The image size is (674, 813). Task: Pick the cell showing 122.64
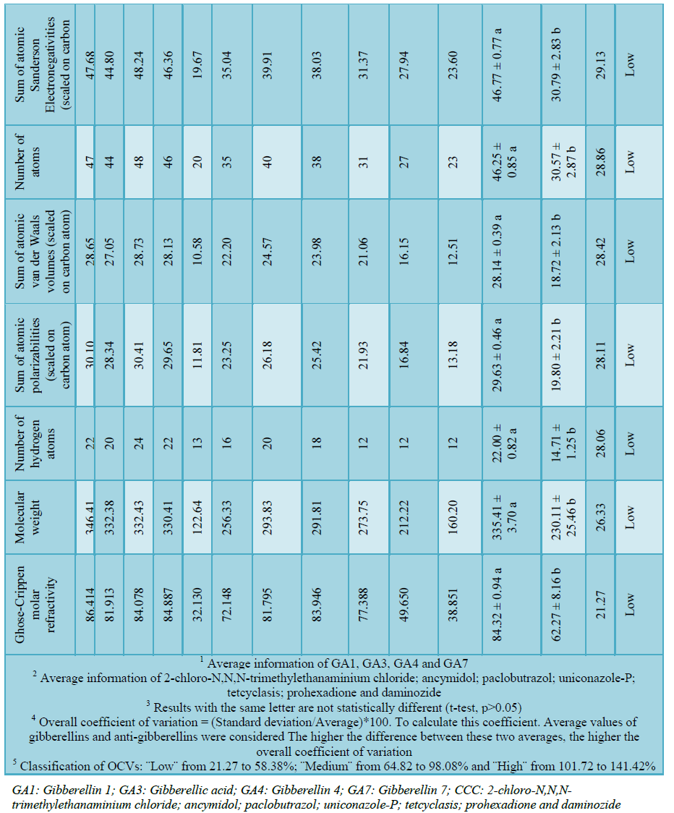tap(198, 515)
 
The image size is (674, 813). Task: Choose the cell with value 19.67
tap(198, 64)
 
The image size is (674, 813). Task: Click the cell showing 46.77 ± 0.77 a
tap(509, 64)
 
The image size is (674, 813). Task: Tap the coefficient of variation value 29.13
tap(603, 64)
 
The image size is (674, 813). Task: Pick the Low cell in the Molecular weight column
tap(630, 515)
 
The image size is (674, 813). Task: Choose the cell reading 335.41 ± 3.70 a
tap(509, 515)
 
